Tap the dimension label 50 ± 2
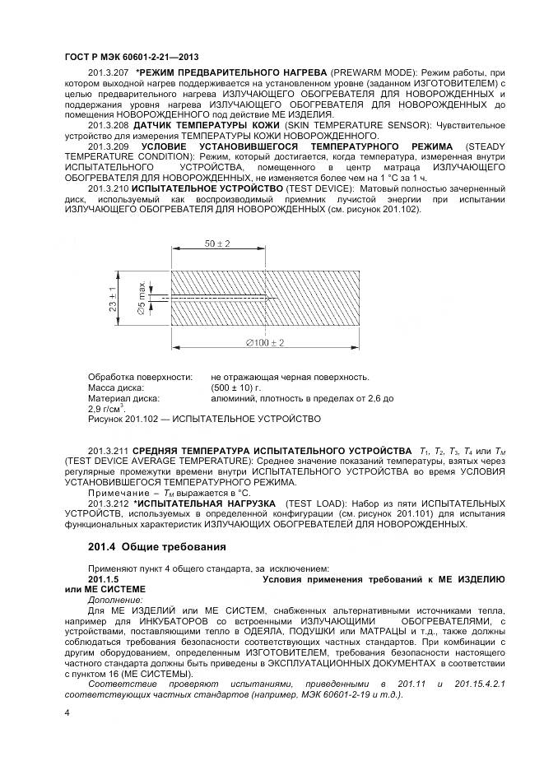coord(217,244)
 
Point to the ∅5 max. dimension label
coord(142,297)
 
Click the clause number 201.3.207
coord(107,73)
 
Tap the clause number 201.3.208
coord(107,125)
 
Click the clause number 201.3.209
coord(107,146)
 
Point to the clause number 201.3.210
coord(107,188)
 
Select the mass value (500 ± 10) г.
coord(236,387)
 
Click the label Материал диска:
coord(123,398)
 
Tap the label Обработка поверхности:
coord(140,378)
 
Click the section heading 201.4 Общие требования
coord(156,547)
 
